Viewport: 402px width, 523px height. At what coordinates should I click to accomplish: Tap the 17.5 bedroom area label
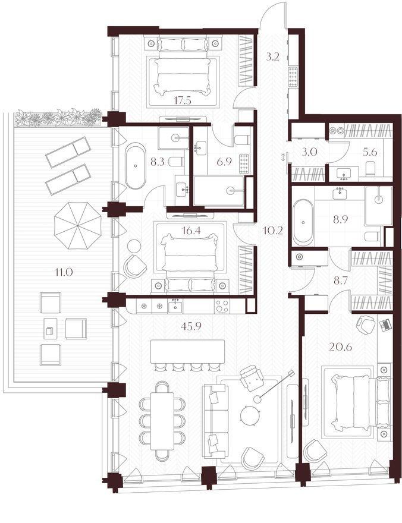pyautogui.click(x=182, y=100)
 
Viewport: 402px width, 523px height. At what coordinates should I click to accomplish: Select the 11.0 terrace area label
pyautogui.click(x=64, y=272)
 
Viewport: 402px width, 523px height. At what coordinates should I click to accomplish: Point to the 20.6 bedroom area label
pyautogui.click(x=340, y=347)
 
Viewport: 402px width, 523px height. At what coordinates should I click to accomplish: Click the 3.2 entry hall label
pyautogui.click(x=272, y=57)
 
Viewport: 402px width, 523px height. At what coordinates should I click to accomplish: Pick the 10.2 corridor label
pyautogui.click(x=273, y=230)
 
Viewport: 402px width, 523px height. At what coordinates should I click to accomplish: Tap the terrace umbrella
pyautogui.click(x=78, y=225)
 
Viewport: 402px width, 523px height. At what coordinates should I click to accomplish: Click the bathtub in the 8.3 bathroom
pyautogui.click(x=135, y=166)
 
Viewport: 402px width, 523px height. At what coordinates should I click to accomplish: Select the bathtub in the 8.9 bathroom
pyautogui.click(x=303, y=222)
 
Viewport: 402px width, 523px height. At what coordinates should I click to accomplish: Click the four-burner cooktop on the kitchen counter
pyautogui.click(x=222, y=307)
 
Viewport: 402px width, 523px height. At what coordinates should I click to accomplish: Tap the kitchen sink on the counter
pyautogui.click(x=175, y=306)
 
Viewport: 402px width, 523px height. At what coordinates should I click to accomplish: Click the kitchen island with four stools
pyautogui.click(x=187, y=352)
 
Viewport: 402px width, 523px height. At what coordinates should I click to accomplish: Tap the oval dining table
pyautogui.click(x=162, y=421)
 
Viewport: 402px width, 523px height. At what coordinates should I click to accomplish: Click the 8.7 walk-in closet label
pyautogui.click(x=341, y=281)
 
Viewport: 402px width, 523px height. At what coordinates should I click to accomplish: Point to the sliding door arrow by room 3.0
pyautogui.click(x=284, y=157)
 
